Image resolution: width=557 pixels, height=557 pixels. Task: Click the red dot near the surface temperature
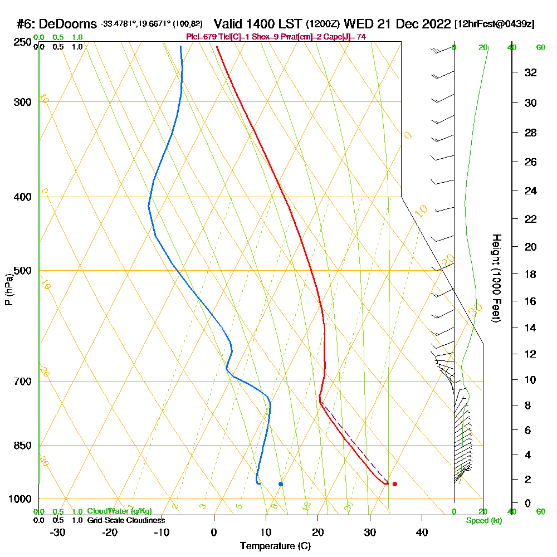394,484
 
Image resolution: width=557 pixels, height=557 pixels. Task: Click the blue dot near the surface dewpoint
280,484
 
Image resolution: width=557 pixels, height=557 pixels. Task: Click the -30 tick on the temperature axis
58,532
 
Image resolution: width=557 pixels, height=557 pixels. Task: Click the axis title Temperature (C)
275,546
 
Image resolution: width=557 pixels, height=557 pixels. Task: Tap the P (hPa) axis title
8,290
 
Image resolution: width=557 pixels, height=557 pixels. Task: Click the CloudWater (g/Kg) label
119,511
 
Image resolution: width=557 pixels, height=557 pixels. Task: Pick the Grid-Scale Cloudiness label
126,520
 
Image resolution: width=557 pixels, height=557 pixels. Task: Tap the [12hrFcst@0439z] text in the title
495,24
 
